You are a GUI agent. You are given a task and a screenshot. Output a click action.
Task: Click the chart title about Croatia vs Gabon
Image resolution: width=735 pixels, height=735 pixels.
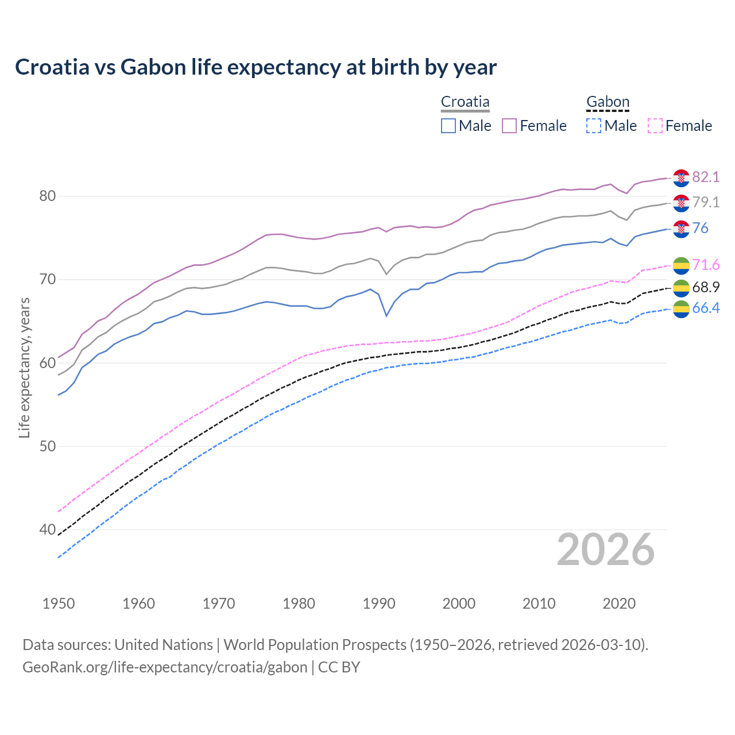pyautogui.click(x=256, y=67)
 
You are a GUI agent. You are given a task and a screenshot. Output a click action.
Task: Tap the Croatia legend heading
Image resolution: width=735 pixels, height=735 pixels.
pyautogui.click(x=465, y=102)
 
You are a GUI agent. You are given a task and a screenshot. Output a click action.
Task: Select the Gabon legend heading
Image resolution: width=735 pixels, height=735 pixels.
pyautogui.click(x=608, y=102)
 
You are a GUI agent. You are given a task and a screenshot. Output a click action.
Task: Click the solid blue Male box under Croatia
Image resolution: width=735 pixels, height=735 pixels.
pyautogui.click(x=448, y=126)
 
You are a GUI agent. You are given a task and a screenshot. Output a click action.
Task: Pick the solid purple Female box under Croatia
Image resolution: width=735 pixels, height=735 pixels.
pyautogui.click(x=509, y=126)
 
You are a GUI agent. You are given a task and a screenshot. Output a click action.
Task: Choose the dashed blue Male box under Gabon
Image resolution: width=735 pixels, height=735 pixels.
pyautogui.click(x=594, y=126)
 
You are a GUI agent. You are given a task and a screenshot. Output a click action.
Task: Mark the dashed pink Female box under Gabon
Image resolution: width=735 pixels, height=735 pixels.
pyautogui.click(x=655, y=126)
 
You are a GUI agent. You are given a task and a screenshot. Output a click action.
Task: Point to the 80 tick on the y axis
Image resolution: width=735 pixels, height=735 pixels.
pyautogui.click(x=47, y=196)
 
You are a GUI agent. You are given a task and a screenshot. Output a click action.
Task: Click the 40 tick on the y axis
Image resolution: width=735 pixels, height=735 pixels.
pyautogui.click(x=47, y=529)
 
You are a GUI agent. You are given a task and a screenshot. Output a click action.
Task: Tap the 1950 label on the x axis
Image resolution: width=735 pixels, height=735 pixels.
pyautogui.click(x=59, y=604)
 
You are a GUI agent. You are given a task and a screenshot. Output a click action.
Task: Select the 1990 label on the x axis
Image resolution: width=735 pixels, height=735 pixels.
pyautogui.click(x=379, y=604)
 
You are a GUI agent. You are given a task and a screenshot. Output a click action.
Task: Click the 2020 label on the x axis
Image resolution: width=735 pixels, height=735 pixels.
pyautogui.click(x=619, y=604)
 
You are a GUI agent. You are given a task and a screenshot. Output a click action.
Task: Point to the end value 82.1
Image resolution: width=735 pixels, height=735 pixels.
pyautogui.click(x=706, y=177)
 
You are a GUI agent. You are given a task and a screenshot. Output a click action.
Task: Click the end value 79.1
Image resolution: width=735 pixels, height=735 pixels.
pyautogui.click(x=706, y=203)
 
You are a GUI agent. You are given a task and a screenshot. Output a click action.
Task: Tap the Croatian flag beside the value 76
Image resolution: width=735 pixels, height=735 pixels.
pyautogui.click(x=681, y=229)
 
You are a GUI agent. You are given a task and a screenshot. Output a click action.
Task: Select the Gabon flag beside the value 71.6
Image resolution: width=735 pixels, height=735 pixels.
pyautogui.click(x=681, y=265)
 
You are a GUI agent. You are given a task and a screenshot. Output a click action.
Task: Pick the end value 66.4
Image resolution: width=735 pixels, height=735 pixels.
pyautogui.click(x=706, y=308)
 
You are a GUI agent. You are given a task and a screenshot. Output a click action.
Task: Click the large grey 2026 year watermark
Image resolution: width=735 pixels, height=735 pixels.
pyautogui.click(x=605, y=550)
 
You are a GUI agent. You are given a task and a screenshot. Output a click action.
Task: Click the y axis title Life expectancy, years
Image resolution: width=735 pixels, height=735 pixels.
pyautogui.click(x=24, y=367)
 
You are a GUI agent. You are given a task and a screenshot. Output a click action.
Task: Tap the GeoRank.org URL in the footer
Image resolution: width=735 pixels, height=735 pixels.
pyautogui.click(x=165, y=667)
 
